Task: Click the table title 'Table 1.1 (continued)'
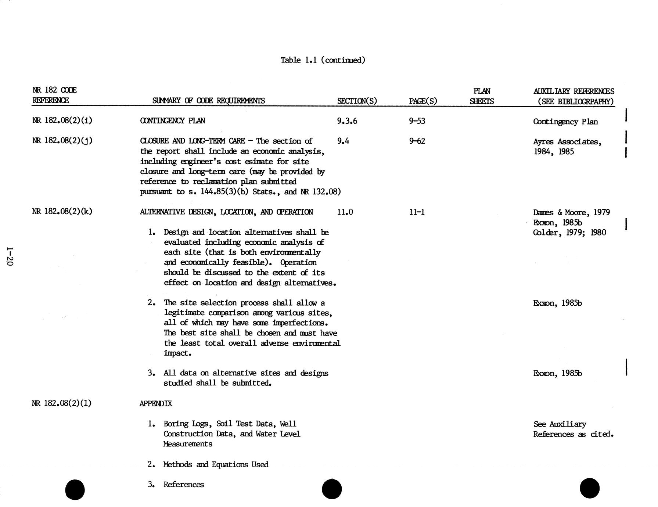point(323,60)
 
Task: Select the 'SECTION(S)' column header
point(357,101)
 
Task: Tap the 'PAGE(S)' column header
point(423,101)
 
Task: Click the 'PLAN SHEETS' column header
point(482,96)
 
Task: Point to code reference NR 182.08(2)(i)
point(62,121)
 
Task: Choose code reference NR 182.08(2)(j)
point(62,141)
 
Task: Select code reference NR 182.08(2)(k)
point(62,211)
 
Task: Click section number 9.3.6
point(347,121)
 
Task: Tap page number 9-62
point(417,141)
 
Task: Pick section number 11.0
point(345,212)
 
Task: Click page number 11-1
point(417,212)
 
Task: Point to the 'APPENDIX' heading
point(156,403)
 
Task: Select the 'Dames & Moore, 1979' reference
point(571,212)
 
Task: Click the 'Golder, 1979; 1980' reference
point(569,233)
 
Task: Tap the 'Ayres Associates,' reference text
point(567,142)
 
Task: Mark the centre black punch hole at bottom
point(332,489)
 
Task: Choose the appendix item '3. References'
point(176,485)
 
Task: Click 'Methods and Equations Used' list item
point(216,464)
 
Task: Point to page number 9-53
point(417,121)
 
